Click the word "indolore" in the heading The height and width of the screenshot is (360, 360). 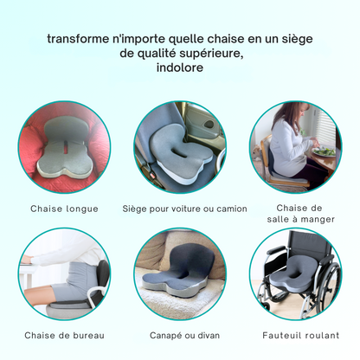coord(180,67)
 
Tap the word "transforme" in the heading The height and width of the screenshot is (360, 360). coord(77,39)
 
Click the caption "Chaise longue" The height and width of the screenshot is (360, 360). coord(64,209)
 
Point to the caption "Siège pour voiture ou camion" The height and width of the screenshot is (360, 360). coord(184,209)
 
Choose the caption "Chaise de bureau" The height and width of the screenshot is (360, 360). coord(64,336)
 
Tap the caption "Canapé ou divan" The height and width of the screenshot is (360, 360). coord(184,336)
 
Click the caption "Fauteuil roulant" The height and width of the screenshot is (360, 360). coord(301,336)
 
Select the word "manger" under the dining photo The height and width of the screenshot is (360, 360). coord(317,220)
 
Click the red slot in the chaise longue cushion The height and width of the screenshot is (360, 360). coord(67,148)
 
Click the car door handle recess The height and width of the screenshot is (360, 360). coord(209,125)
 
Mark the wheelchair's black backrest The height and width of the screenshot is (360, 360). coord(309,243)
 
